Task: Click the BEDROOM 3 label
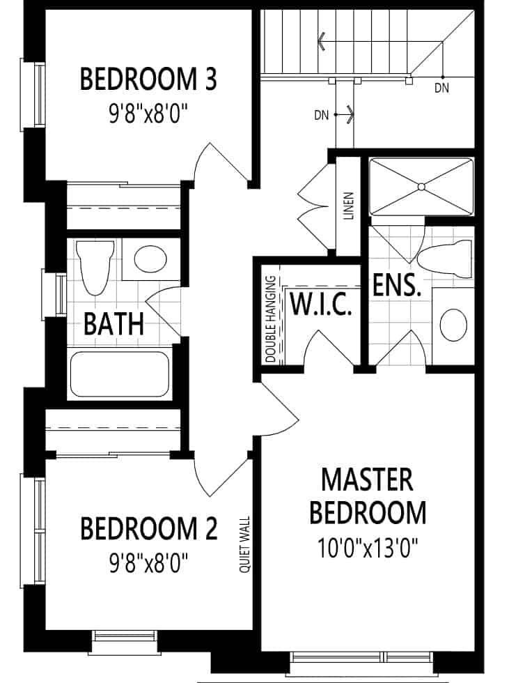pos(148,79)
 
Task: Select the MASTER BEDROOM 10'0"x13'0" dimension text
pos(368,548)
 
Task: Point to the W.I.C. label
pos(320,304)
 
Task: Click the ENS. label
pos(397,286)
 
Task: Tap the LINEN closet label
pos(349,206)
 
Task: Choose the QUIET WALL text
pos(245,544)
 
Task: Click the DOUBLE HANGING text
pos(271,319)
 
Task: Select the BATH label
pos(113,323)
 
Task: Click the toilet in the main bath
pos(95,267)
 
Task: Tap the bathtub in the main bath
pos(120,375)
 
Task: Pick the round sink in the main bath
pos(150,259)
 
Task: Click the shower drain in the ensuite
pos(421,187)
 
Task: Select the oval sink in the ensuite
pos(453,325)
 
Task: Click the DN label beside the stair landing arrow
pos(322,116)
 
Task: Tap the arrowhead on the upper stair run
pos(322,41)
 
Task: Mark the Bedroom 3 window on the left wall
pos(33,95)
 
